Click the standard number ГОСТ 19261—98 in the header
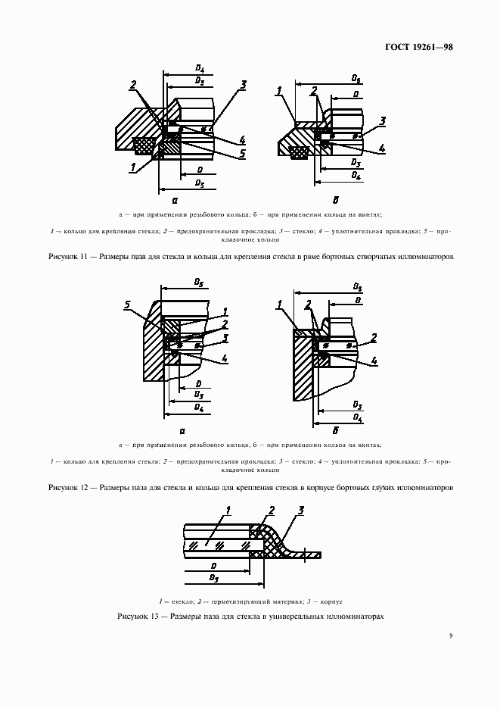click(x=418, y=47)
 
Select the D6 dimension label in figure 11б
click(x=356, y=79)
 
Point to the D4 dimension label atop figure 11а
click(x=200, y=70)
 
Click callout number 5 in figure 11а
click(x=242, y=154)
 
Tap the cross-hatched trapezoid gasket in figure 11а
click(x=144, y=142)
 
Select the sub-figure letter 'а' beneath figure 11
click(x=175, y=201)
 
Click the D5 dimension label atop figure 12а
click(x=198, y=283)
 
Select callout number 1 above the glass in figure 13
click(x=228, y=513)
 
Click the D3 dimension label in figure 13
click(x=214, y=579)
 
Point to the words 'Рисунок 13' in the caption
click(x=135, y=617)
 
